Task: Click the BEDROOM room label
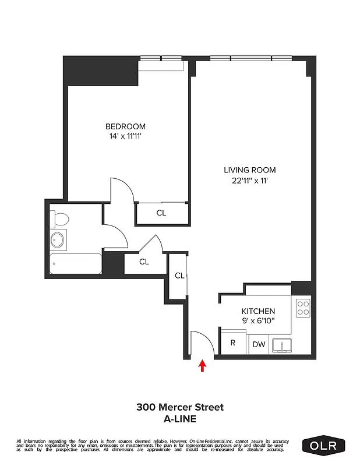tap(125, 126)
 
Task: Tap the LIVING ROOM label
tap(249, 170)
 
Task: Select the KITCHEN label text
tap(257, 311)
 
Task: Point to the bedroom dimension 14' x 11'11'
tap(125, 136)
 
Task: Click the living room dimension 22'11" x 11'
tap(249, 181)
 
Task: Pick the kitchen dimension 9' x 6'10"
tap(257, 321)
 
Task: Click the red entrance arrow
tap(203, 365)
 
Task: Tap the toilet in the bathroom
tap(59, 219)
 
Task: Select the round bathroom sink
tap(58, 240)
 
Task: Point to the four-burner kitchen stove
tap(303, 308)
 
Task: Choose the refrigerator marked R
tap(233, 343)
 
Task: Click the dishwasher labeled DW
tap(259, 345)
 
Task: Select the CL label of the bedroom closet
tap(161, 213)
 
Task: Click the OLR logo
tap(323, 446)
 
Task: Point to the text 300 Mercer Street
tap(180, 407)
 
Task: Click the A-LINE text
tap(180, 418)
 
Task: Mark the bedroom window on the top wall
tap(160, 58)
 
